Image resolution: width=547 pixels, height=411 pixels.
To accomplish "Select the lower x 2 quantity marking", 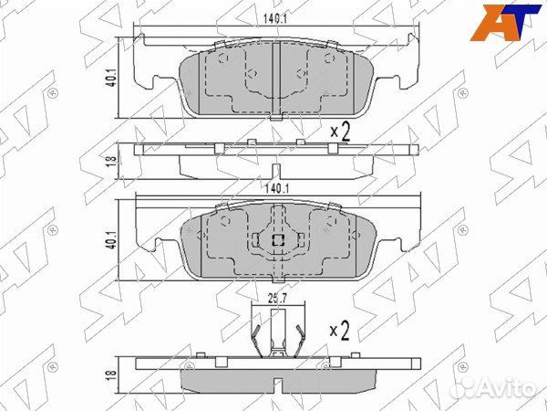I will (339, 330).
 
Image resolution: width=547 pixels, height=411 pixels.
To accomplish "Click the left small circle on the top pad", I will (223, 61).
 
